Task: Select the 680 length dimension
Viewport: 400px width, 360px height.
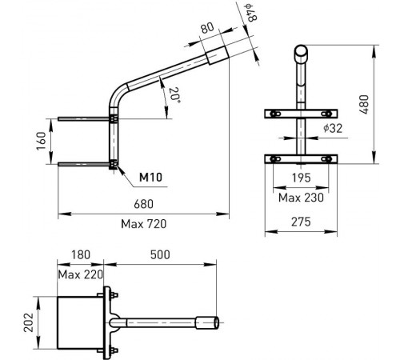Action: [143, 205]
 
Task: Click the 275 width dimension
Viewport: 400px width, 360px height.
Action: [301, 222]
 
